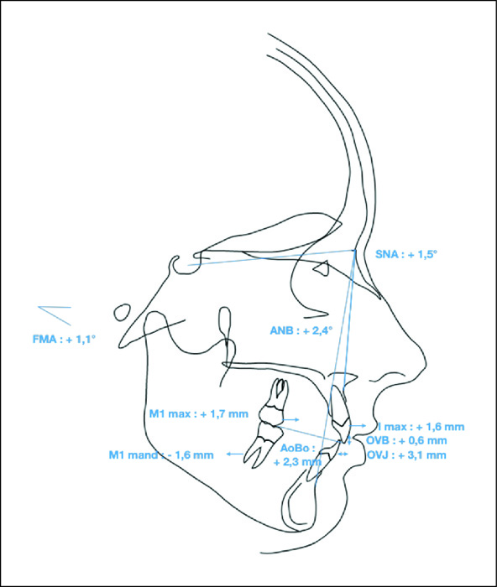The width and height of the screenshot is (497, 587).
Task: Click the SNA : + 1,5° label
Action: point(406,255)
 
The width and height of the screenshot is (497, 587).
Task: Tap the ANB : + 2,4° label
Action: point(301,331)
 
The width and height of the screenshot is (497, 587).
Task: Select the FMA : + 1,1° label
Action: point(65,340)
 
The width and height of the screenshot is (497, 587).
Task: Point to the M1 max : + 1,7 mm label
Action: point(199,414)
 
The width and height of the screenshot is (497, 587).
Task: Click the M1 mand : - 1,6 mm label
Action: point(161,455)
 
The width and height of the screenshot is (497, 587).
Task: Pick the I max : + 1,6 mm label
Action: point(421,427)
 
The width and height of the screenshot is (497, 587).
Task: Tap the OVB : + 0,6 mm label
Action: point(406,440)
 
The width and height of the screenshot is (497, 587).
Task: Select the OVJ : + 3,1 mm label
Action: point(406,455)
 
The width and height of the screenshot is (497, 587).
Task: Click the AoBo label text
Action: point(298,448)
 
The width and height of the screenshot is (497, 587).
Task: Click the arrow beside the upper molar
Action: point(292,419)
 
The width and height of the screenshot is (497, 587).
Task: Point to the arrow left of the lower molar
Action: point(235,455)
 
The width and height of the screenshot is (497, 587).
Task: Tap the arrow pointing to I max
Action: point(358,426)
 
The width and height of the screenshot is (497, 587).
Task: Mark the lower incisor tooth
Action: point(322,460)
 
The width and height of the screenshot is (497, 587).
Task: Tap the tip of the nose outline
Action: point(426,364)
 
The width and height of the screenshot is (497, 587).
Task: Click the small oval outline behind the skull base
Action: point(123,312)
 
